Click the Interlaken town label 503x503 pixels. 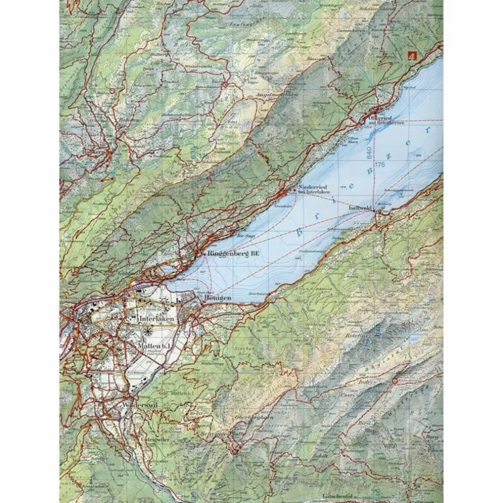(156, 318)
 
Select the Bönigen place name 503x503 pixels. (218, 298)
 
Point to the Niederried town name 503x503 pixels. (312, 188)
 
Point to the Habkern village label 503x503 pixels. (92, 152)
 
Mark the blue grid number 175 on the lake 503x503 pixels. (379, 165)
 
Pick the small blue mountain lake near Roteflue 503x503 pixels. (413, 338)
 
